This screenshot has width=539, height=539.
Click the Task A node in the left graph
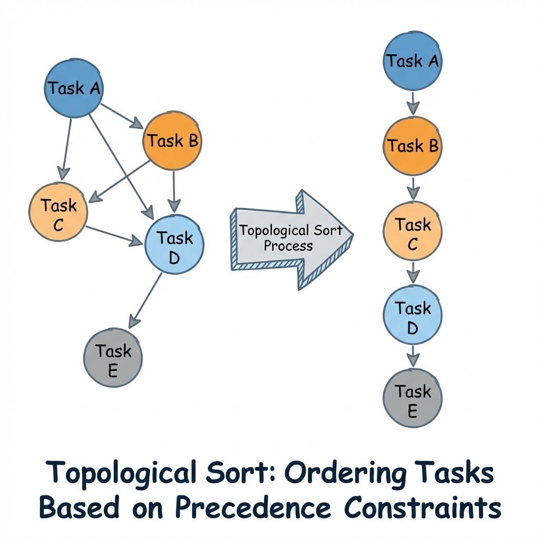73,88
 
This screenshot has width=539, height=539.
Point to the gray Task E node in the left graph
113,358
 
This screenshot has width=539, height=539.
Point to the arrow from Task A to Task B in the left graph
122,115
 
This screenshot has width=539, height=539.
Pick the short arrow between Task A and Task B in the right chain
413,103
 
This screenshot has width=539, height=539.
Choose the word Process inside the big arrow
288,245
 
